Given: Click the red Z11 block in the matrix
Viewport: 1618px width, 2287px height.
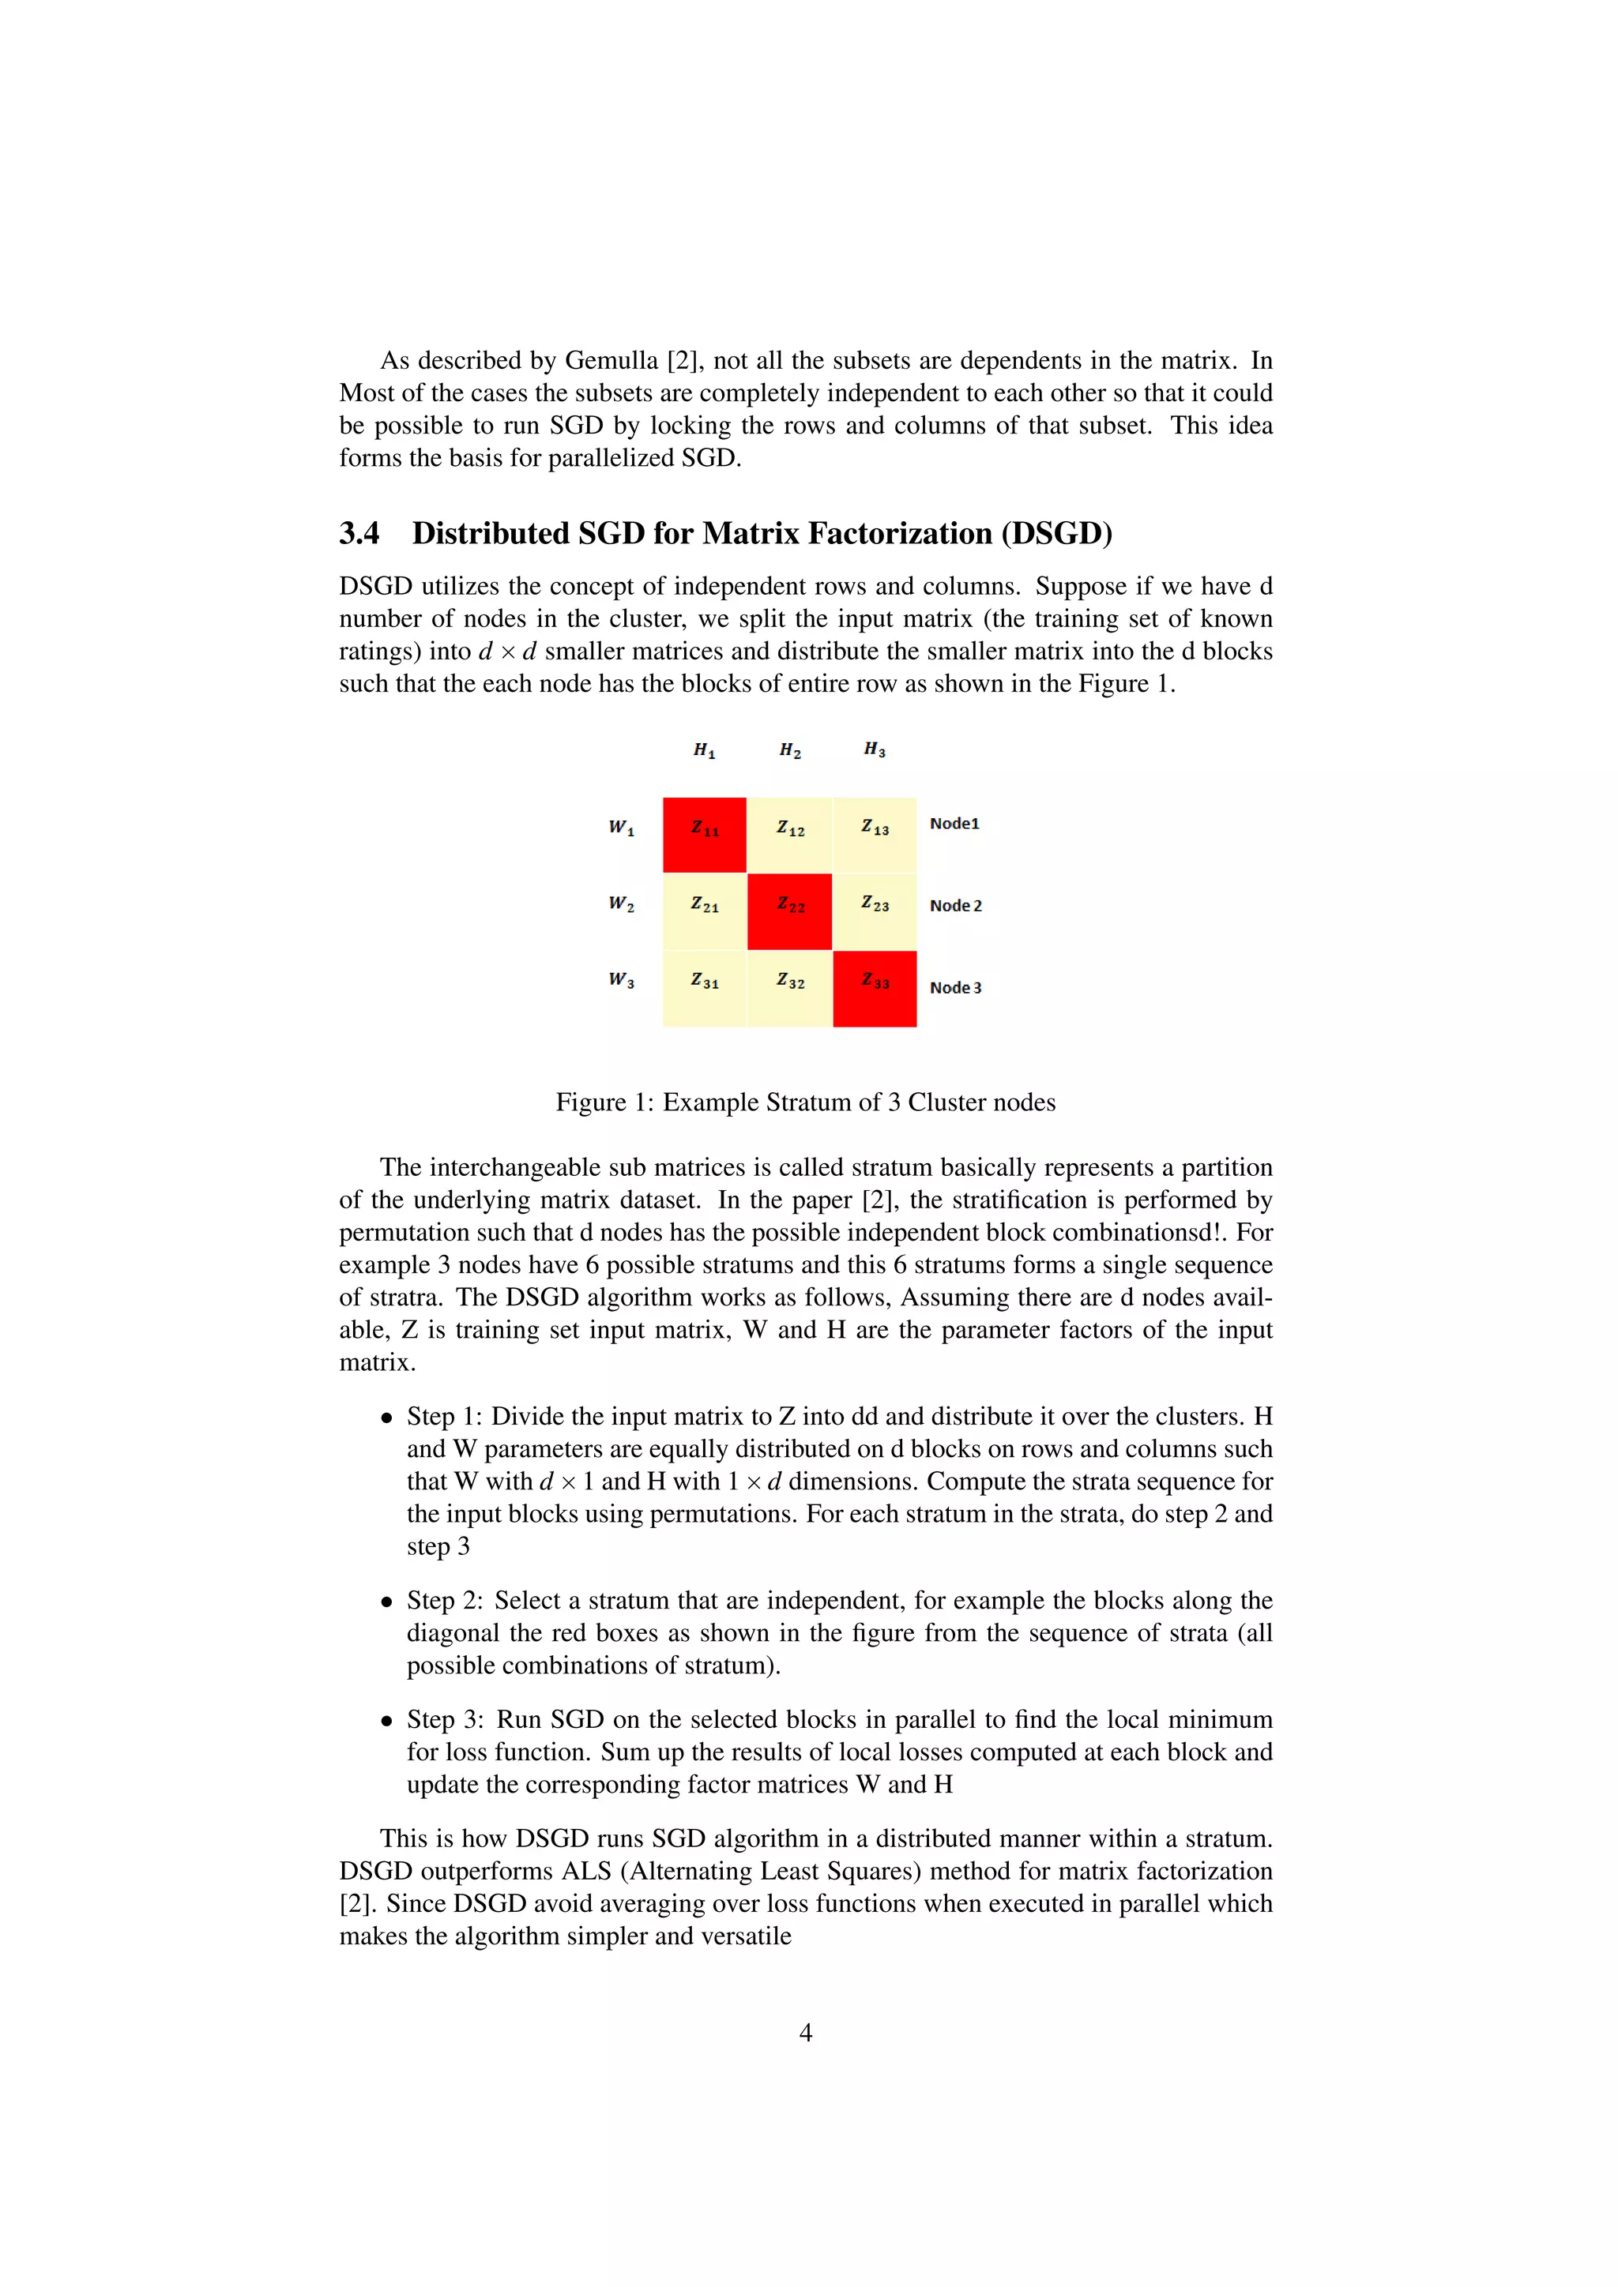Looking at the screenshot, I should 705,834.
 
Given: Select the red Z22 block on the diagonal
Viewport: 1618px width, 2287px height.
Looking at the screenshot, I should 789,911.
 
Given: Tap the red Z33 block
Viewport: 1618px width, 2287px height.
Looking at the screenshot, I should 875,987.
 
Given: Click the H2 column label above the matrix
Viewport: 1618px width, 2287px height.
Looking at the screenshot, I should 790,750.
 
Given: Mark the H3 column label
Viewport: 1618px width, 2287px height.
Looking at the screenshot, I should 875,749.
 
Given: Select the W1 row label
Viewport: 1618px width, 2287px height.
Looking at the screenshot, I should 622,827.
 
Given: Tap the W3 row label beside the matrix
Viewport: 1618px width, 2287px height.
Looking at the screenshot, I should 622,980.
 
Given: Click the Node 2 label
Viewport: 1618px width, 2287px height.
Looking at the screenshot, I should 955,906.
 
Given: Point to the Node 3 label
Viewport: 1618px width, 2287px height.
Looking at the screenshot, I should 955,987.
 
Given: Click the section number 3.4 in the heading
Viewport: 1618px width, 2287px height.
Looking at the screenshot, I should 359,534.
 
